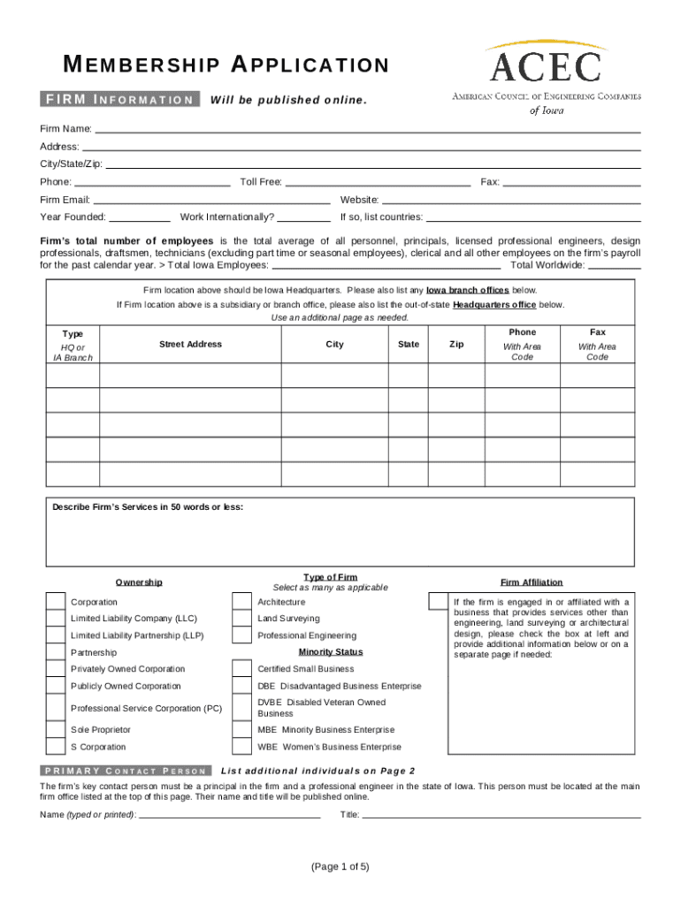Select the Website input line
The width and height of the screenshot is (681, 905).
[511, 201]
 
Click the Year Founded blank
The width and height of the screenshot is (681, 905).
[140, 217]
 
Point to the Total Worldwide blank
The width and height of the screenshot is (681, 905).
[615, 265]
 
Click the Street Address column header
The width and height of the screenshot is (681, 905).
[190, 345]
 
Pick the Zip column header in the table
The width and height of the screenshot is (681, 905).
[456, 345]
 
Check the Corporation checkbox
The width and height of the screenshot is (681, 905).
[55, 602]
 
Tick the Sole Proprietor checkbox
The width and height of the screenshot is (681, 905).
[55, 730]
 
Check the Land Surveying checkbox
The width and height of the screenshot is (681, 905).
[241, 619]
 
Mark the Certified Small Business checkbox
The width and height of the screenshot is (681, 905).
[241, 669]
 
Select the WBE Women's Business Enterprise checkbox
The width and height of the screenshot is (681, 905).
[241, 747]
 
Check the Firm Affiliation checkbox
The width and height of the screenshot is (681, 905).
[437, 602]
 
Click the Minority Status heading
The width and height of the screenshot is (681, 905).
[331, 652]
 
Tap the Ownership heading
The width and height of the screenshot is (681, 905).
[139, 582]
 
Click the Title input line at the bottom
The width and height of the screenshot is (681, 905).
[501, 815]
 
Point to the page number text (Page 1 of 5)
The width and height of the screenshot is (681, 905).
[340, 867]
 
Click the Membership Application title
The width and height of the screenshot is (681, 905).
[226, 65]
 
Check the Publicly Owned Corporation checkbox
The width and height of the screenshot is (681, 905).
[55, 687]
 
